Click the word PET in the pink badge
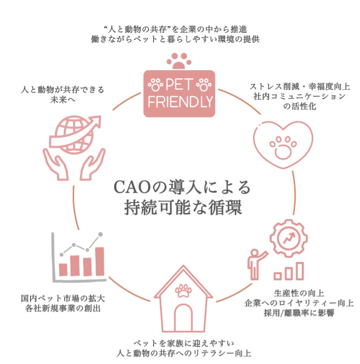(x=179, y=84)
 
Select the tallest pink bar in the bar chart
(x=100, y=261)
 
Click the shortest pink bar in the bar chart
(x=63, y=269)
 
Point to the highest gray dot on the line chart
(x=100, y=234)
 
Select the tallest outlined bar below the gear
(x=300, y=271)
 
